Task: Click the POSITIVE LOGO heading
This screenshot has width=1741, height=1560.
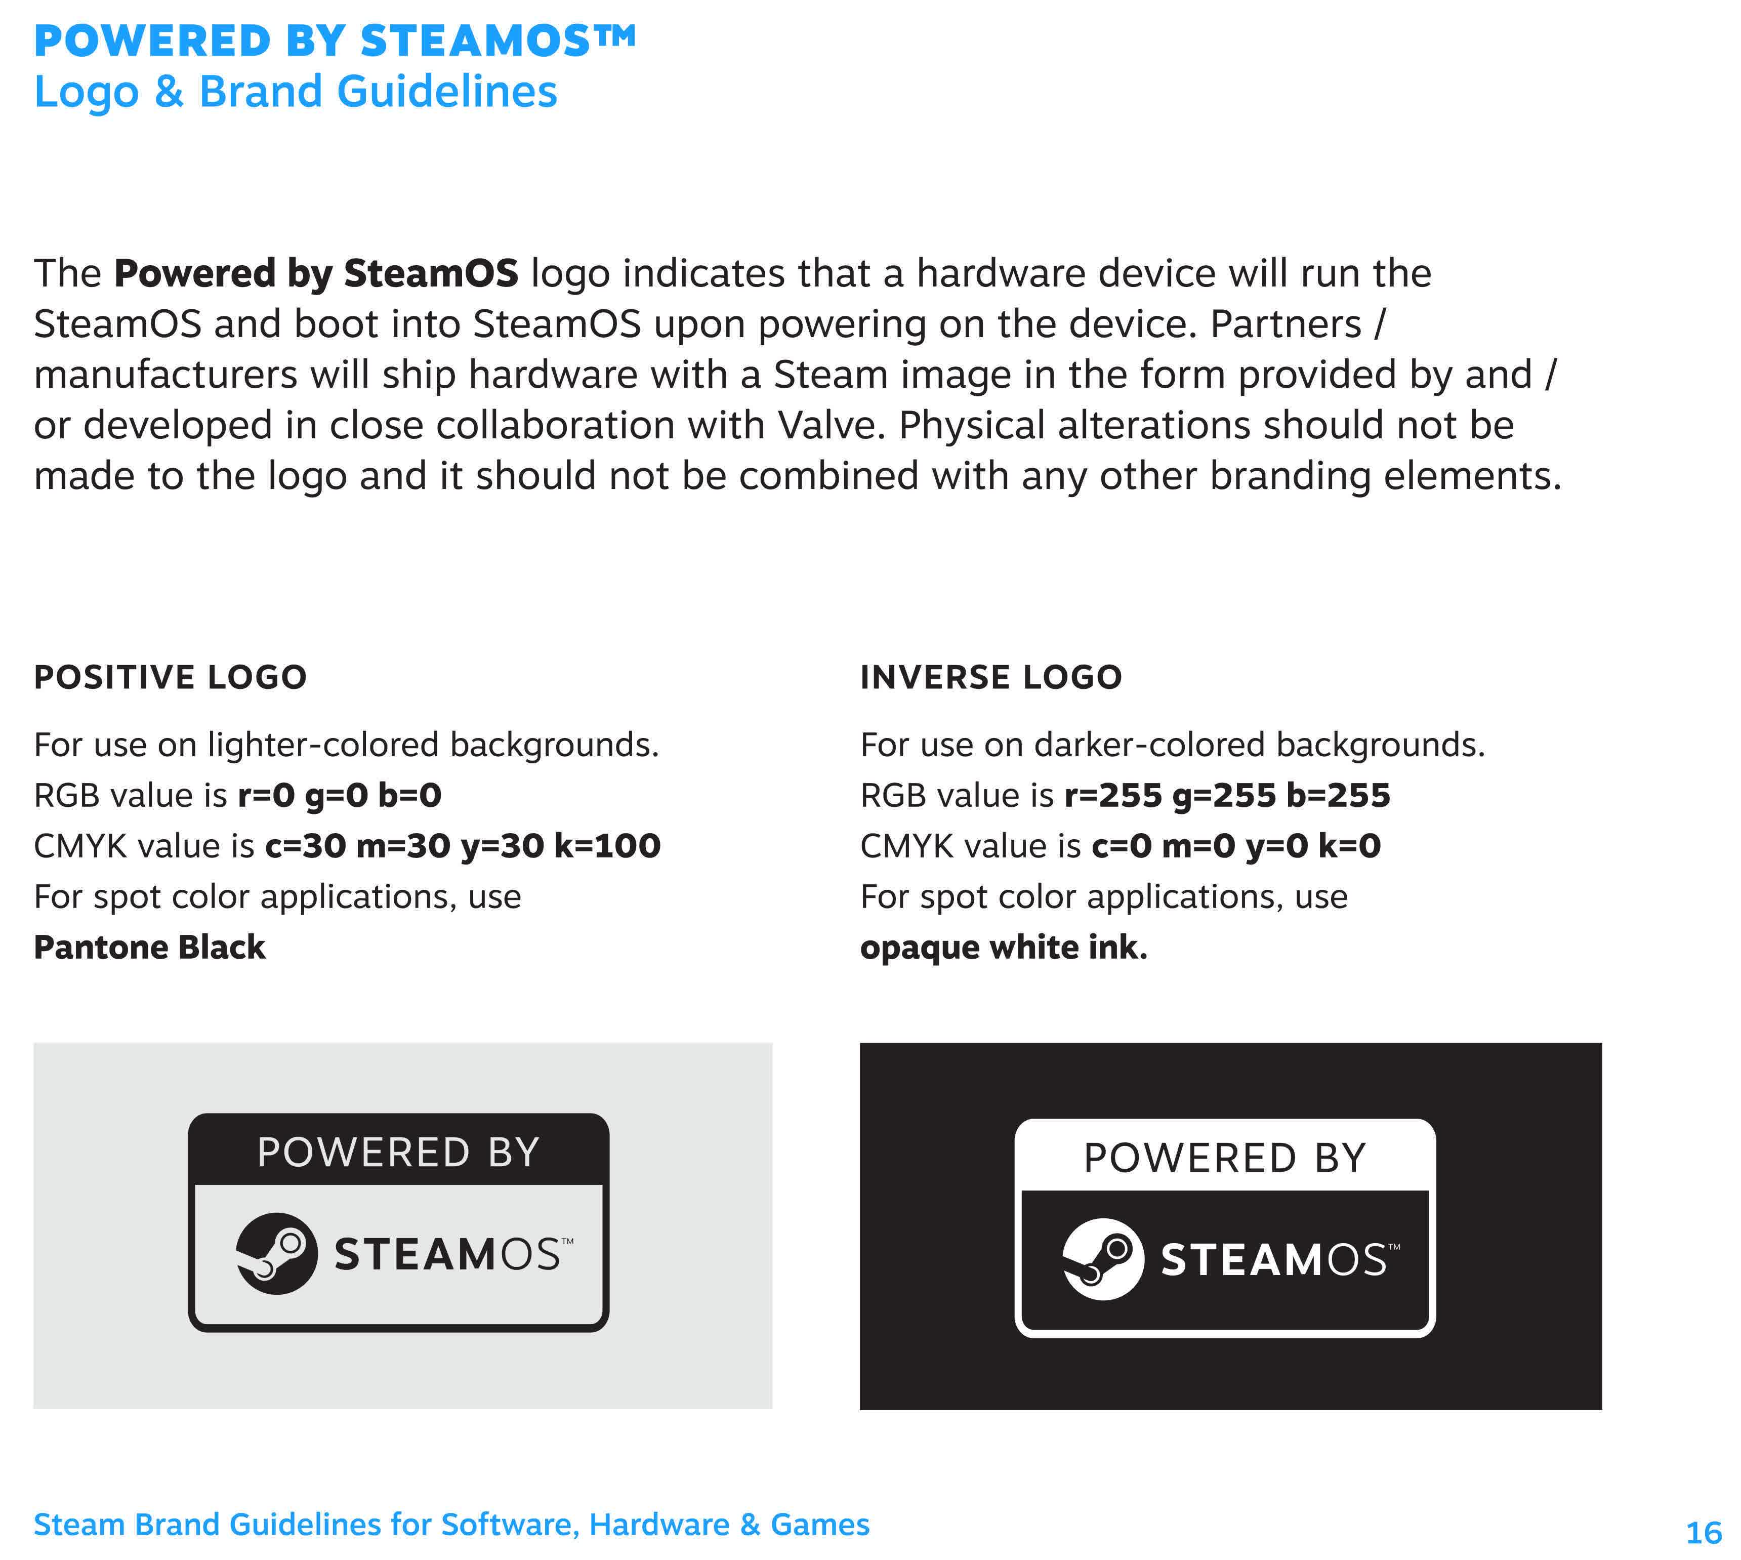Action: click(170, 677)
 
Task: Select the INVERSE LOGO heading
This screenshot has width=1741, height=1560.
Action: click(991, 677)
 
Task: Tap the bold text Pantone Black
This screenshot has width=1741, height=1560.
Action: click(149, 947)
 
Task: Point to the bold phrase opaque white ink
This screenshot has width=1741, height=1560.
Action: click(1003, 947)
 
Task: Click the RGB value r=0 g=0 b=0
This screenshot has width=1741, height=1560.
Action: click(340, 795)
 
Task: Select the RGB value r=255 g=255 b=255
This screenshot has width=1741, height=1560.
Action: click(1227, 795)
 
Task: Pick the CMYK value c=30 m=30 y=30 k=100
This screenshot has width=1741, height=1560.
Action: click(463, 846)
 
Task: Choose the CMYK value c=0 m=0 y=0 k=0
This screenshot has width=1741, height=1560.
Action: click(1236, 846)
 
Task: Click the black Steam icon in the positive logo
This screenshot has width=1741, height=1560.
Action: click(276, 1253)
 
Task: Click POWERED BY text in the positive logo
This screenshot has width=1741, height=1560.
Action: click(399, 1152)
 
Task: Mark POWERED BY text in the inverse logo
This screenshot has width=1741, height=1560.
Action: click(1225, 1158)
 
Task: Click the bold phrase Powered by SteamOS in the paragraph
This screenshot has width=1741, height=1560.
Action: click(315, 273)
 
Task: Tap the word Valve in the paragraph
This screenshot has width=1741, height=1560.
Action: click(830, 425)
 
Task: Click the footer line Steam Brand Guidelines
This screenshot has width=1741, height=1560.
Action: click(451, 1524)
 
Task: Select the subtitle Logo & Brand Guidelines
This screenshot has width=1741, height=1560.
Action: click(295, 92)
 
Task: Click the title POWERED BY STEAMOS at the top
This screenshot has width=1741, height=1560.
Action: click(335, 40)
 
